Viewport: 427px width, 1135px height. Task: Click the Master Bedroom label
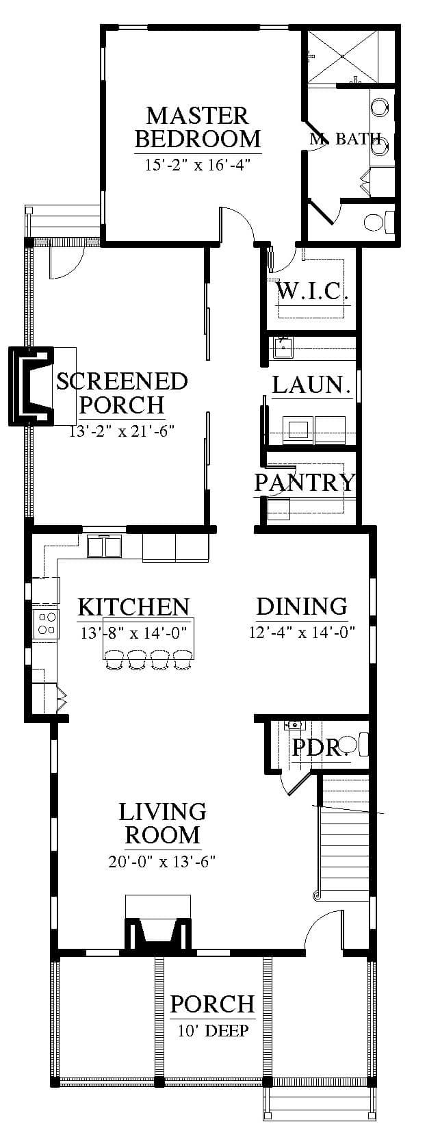coord(198,127)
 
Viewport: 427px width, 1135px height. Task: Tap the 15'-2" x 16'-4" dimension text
coord(198,165)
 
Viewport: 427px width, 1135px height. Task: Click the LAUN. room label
coord(311,385)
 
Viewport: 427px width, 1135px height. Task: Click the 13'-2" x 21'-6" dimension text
coord(122,431)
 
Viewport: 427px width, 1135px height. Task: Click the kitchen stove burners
coord(46,623)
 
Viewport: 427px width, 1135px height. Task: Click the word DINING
coord(302,606)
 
